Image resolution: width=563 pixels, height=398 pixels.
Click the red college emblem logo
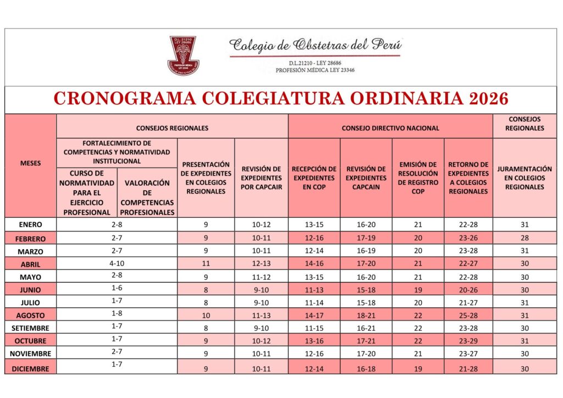(183, 55)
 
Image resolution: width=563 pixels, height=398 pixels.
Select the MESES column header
(30, 163)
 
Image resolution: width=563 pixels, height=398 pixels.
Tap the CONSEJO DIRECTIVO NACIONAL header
(390, 128)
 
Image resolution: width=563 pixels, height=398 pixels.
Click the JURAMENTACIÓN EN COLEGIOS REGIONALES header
(525, 178)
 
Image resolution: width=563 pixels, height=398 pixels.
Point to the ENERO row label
(30, 224)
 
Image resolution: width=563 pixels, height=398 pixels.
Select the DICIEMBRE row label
(30, 369)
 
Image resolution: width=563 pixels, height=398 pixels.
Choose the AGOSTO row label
(30, 316)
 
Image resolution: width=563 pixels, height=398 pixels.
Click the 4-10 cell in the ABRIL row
(117, 263)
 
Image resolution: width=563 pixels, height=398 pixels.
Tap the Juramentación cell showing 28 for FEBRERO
(525, 237)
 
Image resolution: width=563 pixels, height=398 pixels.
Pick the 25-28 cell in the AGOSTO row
(468, 316)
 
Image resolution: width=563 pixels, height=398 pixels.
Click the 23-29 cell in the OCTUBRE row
(468, 341)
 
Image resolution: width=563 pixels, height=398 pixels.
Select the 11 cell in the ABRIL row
(206, 263)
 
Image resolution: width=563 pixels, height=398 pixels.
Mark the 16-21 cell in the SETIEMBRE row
(366, 328)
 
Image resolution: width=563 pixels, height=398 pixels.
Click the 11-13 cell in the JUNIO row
(314, 290)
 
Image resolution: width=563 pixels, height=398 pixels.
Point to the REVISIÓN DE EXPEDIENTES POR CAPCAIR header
(261, 178)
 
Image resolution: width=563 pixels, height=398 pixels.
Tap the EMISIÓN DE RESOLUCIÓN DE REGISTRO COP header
(418, 178)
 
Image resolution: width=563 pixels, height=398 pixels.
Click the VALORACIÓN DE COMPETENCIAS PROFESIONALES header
(147, 197)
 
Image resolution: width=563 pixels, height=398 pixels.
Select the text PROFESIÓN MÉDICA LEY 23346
(315, 70)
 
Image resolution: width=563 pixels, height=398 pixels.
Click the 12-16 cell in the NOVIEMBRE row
(314, 354)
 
